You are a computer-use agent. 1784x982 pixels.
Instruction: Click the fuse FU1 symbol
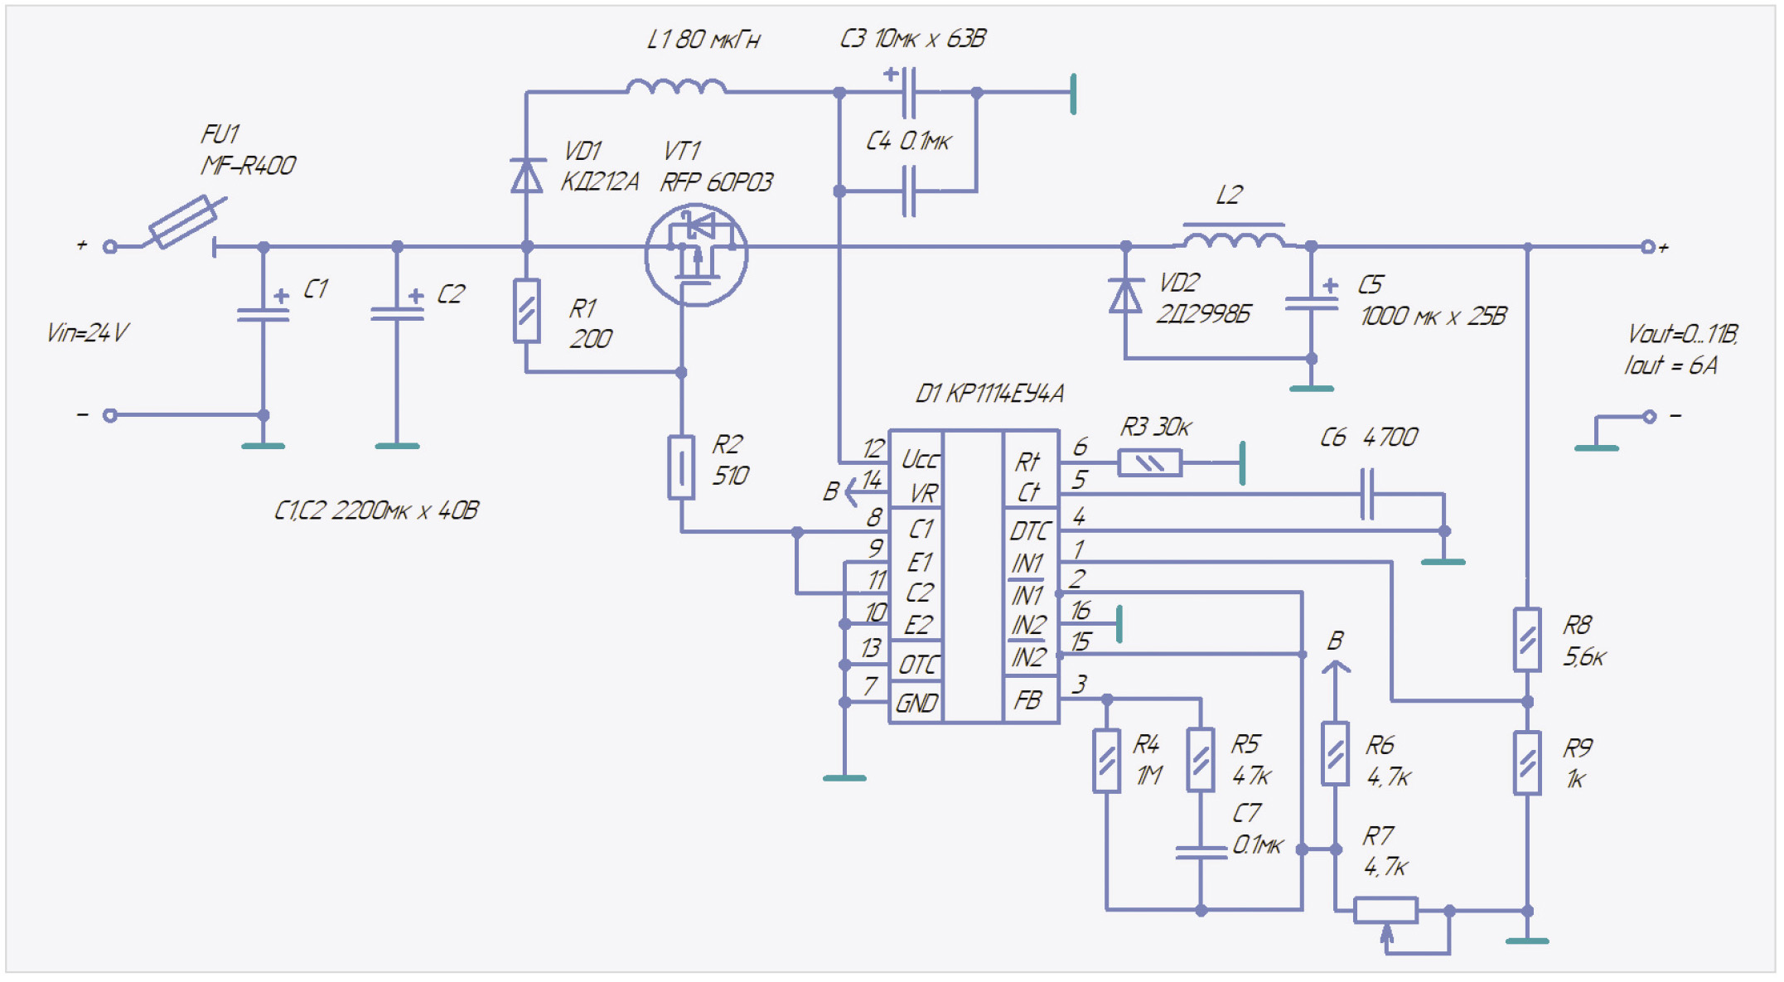(x=183, y=222)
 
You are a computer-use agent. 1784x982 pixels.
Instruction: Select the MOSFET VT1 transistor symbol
(x=696, y=254)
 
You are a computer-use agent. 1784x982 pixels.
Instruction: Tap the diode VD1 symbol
(x=526, y=176)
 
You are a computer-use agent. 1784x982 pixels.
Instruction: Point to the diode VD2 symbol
(x=1125, y=296)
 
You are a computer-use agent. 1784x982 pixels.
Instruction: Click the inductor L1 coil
(x=676, y=86)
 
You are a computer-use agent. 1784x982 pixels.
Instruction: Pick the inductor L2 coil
(x=1234, y=239)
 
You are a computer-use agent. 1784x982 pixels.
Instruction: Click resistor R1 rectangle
(x=526, y=311)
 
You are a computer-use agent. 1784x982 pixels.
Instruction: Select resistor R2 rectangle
(x=681, y=467)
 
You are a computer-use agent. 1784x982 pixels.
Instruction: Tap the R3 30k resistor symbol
(x=1149, y=462)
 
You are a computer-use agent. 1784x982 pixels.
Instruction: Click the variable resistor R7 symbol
(x=1386, y=911)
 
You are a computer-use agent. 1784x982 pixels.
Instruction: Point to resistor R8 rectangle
(x=1527, y=640)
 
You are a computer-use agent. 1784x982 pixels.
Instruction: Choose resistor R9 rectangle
(x=1527, y=763)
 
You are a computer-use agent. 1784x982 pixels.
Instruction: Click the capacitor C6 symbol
(x=1367, y=494)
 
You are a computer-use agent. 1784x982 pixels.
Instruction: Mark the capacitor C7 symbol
(x=1201, y=852)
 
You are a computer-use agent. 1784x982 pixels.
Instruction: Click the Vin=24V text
(x=87, y=333)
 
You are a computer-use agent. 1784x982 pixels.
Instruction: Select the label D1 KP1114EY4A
(x=989, y=394)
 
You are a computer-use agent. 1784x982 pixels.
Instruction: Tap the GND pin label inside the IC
(x=916, y=704)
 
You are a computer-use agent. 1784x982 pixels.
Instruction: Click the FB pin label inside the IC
(x=1027, y=701)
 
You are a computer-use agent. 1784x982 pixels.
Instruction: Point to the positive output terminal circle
(x=1648, y=247)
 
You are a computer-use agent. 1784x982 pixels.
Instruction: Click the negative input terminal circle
(x=110, y=415)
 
